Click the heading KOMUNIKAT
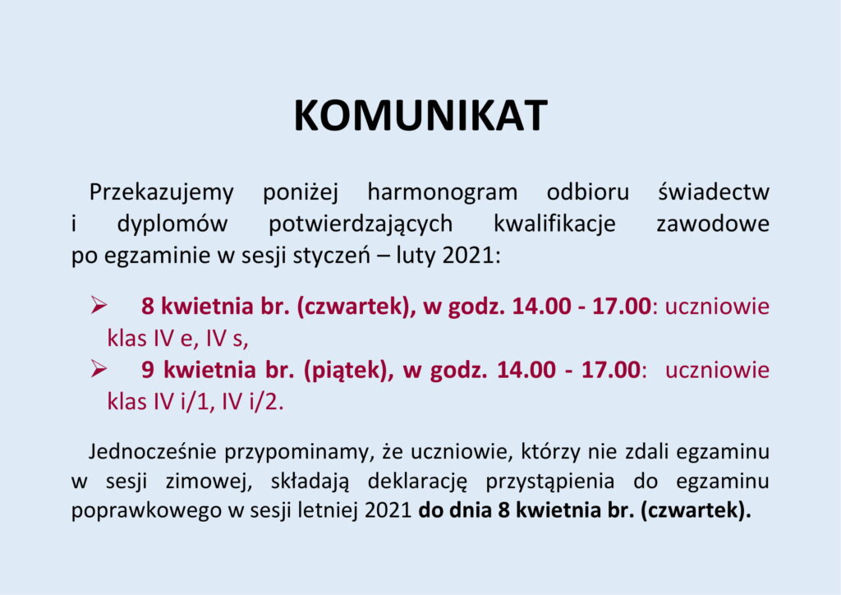420,115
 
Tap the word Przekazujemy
162,193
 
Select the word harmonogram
443,193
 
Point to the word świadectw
714,191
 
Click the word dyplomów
172,224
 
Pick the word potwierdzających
361,224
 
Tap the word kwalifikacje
554,224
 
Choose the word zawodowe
714,224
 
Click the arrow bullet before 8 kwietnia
99,305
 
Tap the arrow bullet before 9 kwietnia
99,369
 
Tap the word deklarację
418,482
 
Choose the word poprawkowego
146,511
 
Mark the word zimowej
209,482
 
